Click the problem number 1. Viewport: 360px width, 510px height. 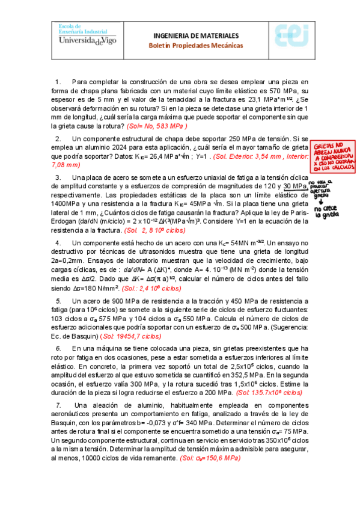pos(58,82)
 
